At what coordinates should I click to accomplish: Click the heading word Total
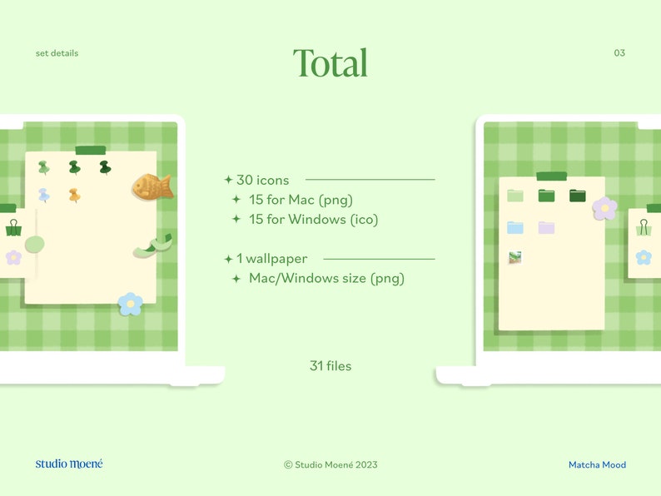click(x=330, y=63)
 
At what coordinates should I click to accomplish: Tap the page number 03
click(x=619, y=53)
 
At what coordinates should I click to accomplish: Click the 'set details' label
click(x=57, y=53)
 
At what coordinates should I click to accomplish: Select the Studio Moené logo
click(x=69, y=464)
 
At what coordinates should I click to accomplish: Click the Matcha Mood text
click(x=597, y=465)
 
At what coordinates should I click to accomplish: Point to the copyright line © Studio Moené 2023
click(x=330, y=465)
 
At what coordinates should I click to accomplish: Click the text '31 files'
click(x=330, y=365)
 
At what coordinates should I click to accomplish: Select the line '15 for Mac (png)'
click(x=301, y=200)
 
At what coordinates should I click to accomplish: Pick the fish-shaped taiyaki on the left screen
click(x=152, y=186)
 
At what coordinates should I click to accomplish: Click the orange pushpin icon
click(x=74, y=196)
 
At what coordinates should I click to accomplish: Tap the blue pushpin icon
click(x=43, y=196)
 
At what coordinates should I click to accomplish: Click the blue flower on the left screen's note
click(x=130, y=304)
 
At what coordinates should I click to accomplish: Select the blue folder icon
click(x=515, y=227)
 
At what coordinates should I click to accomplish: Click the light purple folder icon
click(x=546, y=227)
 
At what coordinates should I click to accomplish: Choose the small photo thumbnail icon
click(x=515, y=258)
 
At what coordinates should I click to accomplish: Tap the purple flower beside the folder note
click(x=604, y=208)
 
